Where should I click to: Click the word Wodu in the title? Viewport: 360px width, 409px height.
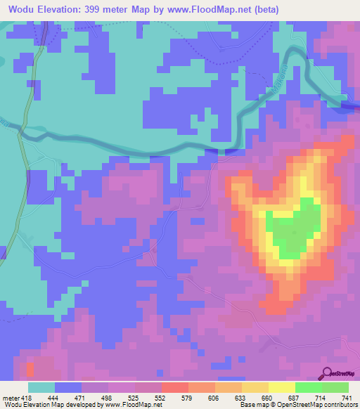point(24,10)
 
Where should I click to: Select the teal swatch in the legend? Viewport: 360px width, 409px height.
point(41,387)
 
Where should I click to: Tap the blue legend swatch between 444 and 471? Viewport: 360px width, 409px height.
point(68,387)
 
